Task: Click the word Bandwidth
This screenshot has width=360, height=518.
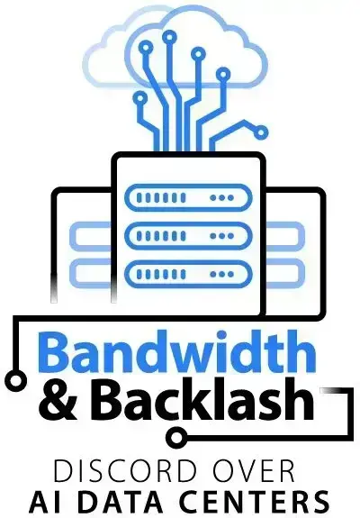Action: click(179, 353)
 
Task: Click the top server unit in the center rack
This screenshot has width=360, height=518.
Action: click(188, 197)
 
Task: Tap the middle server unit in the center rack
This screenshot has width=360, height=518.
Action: click(188, 236)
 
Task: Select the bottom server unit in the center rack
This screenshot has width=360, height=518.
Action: click(188, 274)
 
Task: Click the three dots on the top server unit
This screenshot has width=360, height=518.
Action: click(222, 198)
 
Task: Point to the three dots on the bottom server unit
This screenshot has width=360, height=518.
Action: click(222, 274)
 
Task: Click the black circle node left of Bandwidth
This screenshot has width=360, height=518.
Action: click(15, 380)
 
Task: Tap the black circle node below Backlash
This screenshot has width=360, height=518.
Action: click(175, 438)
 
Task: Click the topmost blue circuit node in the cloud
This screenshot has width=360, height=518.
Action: click(169, 38)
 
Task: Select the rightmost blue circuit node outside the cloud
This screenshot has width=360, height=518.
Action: click(261, 132)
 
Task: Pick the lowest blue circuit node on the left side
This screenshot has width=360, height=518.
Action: click(140, 98)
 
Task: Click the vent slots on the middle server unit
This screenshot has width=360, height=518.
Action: click(161, 236)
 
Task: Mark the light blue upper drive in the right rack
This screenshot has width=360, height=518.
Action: click(284, 236)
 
